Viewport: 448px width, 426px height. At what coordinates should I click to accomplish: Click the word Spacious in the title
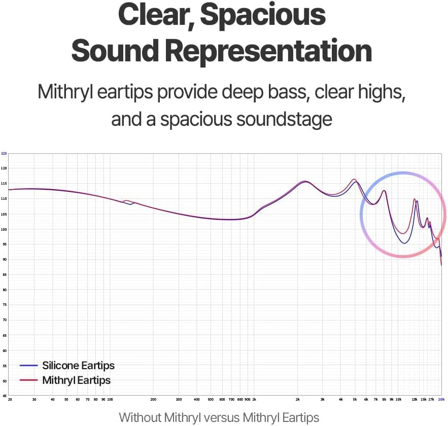[x=263, y=15]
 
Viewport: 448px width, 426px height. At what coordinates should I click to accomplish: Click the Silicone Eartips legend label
[x=78, y=365]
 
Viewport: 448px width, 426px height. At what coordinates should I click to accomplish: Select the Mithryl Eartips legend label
[x=76, y=380]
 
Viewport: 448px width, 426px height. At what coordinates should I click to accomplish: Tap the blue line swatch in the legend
[x=28, y=365]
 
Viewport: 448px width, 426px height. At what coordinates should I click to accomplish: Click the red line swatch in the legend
[x=28, y=380]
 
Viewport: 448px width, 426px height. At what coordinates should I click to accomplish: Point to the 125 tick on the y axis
[x=4, y=153]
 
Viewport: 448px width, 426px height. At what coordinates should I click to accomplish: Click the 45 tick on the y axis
[x=4, y=396]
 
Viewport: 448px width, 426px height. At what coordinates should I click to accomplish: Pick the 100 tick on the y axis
[x=4, y=229]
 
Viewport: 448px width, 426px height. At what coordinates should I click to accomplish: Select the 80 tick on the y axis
[x=4, y=290]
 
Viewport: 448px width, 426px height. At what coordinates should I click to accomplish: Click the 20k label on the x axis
[x=441, y=400]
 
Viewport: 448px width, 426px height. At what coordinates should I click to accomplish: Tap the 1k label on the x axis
[x=254, y=400]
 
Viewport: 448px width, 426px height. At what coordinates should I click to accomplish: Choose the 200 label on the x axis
[x=153, y=400]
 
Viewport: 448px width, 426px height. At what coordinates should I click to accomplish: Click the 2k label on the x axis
[x=298, y=400]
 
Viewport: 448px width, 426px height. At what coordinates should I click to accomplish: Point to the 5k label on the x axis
[x=355, y=400]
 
